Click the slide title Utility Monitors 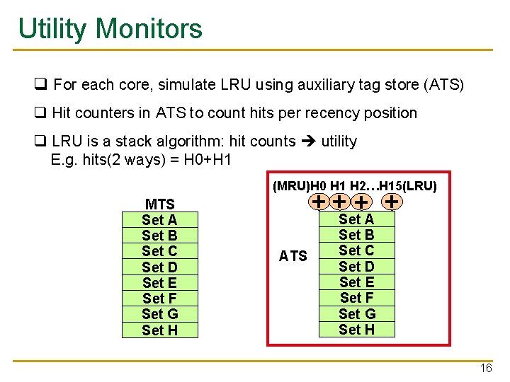click(110, 29)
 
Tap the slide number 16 click(486, 369)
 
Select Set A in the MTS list click(159, 220)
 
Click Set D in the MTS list click(159, 267)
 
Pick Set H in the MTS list click(159, 330)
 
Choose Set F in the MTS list click(159, 299)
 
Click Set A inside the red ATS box click(356, 219)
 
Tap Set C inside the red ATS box click(356, 250)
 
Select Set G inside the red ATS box click(356, 313)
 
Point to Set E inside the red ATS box click(356, 282)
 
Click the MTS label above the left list click(159, 204)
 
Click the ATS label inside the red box click(293, 256)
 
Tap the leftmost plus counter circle click(320, 202)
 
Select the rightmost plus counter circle click(392, 202)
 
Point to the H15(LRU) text click(409, 186)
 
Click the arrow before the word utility click(308, 141)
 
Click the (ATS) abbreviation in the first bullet click(443, 86)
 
